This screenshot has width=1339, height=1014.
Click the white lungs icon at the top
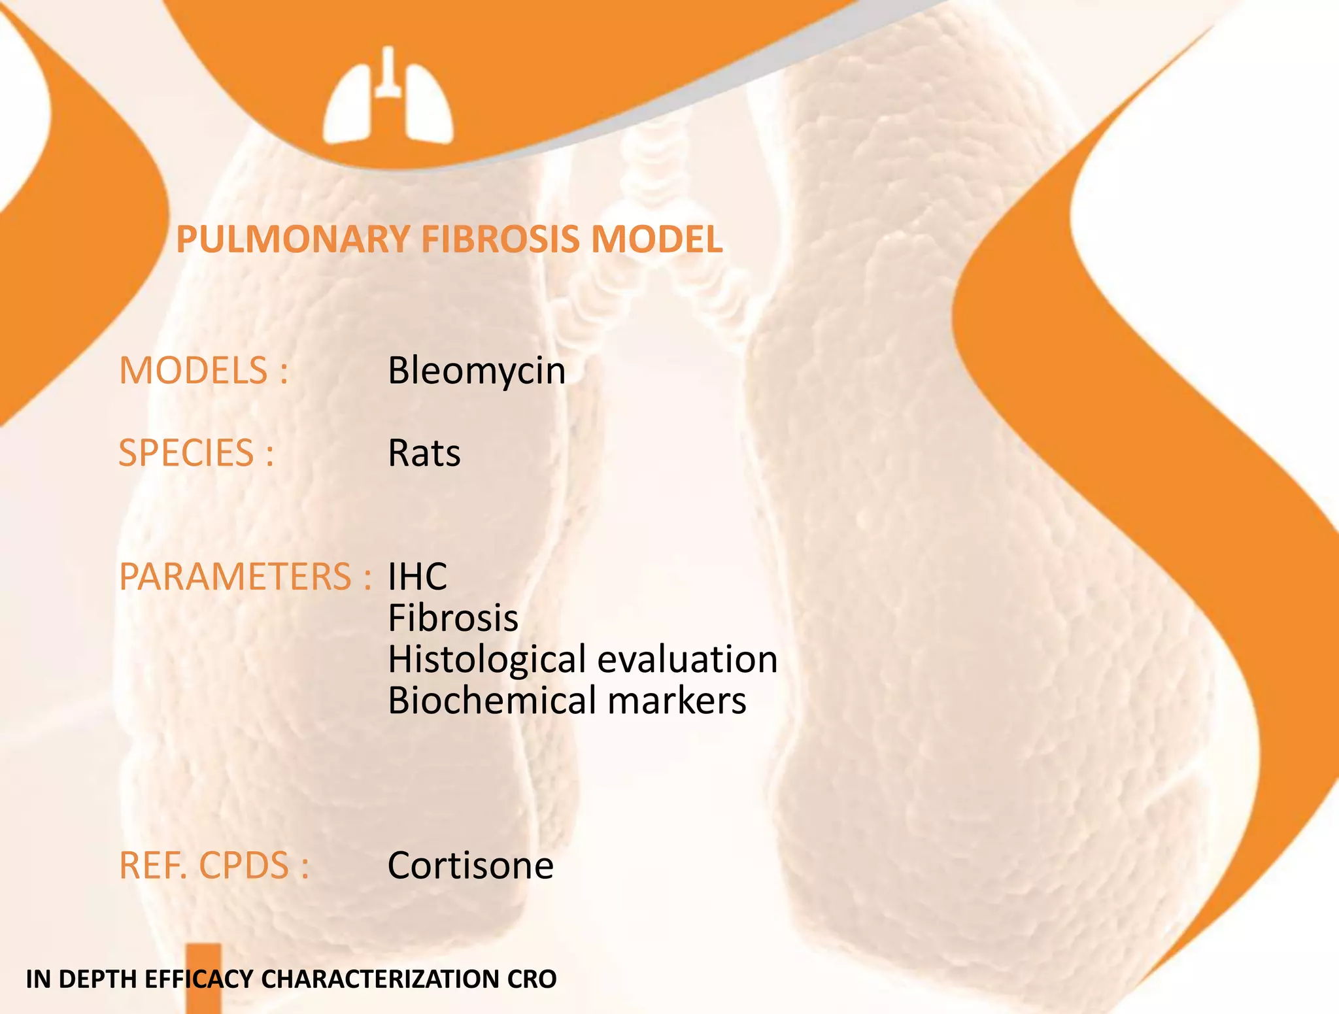pos(388,98)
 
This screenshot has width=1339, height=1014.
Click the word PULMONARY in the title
pos(293,239)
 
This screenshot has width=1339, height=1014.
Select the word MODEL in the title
pos(657,239)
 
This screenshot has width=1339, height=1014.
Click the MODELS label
pos(203,371)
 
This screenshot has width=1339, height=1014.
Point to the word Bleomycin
pos(477,371)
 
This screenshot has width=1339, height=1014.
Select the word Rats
pos(424,453)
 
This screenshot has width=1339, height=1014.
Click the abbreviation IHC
pos(417,577)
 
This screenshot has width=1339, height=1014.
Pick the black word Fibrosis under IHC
pos(453,618)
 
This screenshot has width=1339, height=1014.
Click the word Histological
pos(486,659)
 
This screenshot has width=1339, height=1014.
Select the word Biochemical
pos(490,700)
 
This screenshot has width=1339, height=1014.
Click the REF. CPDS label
pos(214,866)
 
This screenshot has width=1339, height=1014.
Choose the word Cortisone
pos(470,866)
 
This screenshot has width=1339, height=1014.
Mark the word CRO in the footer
pos(532,979)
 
